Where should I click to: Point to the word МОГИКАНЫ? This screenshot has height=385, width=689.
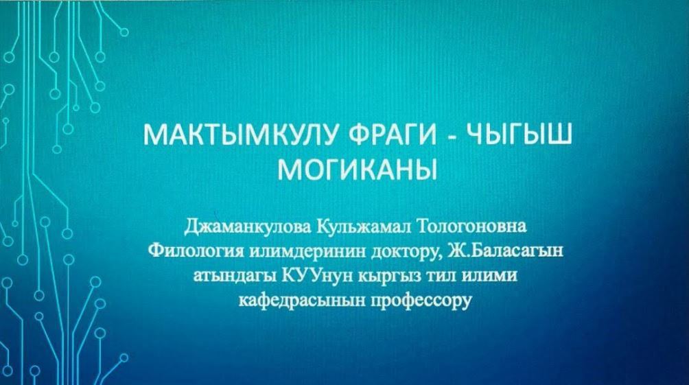click(358, 170)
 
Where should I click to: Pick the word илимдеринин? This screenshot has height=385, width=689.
click(308, 252)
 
